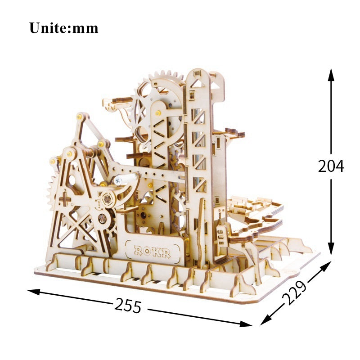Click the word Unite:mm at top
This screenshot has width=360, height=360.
[x=64, y=28]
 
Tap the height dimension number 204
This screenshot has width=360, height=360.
[x=331, y=166]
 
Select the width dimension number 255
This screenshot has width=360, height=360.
[x=128, y=306]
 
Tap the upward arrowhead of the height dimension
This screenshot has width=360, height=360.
[x=331, y=75]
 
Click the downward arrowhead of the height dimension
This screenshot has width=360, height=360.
[x=331, y=248]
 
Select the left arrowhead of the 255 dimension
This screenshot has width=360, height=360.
[x=34, y=292]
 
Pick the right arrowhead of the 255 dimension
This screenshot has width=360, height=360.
[x=246, y=324]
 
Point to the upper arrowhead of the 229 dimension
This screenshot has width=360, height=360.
[x=325, y=267]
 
